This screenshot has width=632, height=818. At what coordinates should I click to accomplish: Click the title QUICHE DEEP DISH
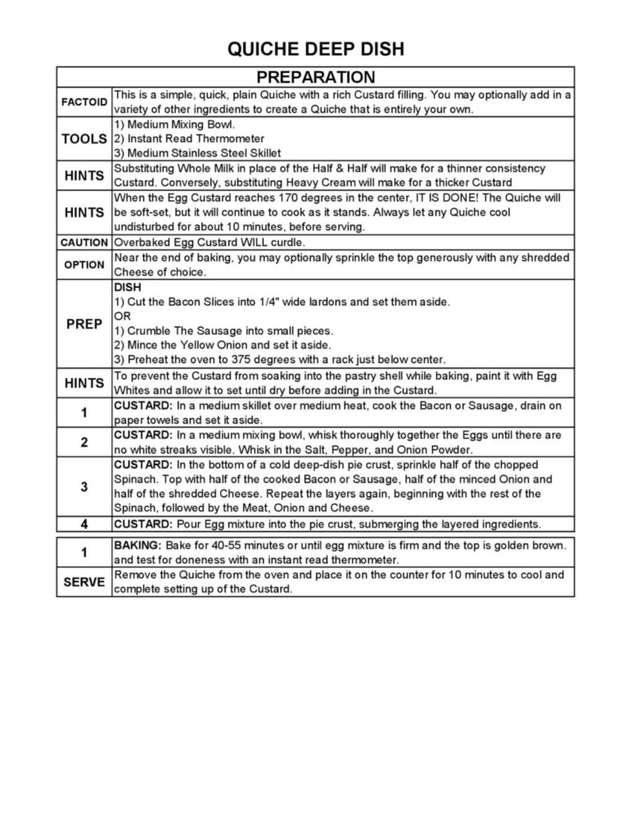315,49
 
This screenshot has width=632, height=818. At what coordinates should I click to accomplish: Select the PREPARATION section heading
315,77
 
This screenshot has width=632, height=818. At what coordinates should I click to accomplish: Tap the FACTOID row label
84,102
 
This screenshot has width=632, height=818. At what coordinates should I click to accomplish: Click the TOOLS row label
84,139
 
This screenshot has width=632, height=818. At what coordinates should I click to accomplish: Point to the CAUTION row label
84,243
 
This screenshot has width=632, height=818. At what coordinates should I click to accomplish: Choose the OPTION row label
84,265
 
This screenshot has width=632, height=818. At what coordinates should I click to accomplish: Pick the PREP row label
84,324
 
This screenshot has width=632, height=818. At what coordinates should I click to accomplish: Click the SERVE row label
84,582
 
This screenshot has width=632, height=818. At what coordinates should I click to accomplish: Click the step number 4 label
84,524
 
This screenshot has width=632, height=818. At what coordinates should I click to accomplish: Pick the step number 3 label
84,487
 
